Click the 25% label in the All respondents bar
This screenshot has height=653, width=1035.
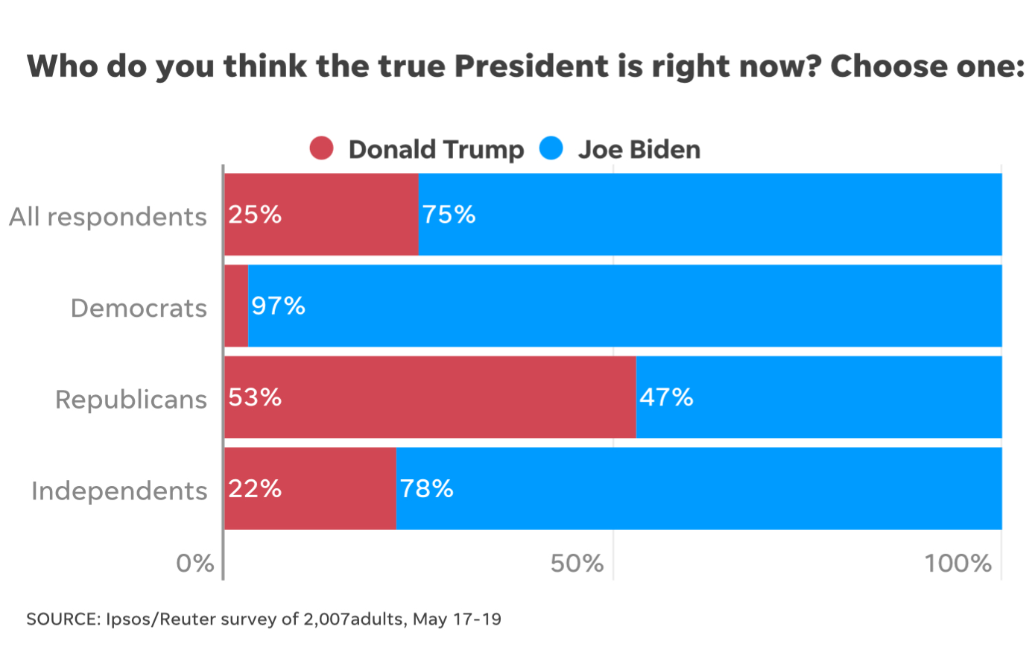(x=255, y=215)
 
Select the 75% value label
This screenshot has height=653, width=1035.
(x=449, y=215)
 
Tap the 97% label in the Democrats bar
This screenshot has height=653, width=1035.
(x=278, y=306)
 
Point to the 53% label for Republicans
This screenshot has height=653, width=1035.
(x=255, y=397)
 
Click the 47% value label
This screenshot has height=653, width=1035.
(x=666, y=397)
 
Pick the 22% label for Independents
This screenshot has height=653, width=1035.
(x=255, y=489)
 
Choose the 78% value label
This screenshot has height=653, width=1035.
(x=426, y=489)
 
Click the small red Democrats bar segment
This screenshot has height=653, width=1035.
(x=236, y=306)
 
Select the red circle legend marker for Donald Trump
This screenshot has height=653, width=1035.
(x=321, y=148)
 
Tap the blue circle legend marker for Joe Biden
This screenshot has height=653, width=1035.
(x=551, y=148)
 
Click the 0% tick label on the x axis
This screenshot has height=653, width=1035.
(x=195, y=564)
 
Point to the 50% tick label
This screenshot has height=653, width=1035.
(x=577, y=564)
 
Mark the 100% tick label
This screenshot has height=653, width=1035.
(x=958, y=564)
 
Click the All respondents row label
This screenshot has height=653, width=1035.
(x=108, y=217)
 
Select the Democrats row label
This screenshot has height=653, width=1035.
(x=139, y=308)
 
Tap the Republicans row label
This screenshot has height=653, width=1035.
(x=131, y=400)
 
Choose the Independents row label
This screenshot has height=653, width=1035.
(x=119, y=491)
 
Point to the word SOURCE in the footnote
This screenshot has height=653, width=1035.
(x=62, y=619)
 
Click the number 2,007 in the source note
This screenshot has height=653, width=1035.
(x=326, y=619)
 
